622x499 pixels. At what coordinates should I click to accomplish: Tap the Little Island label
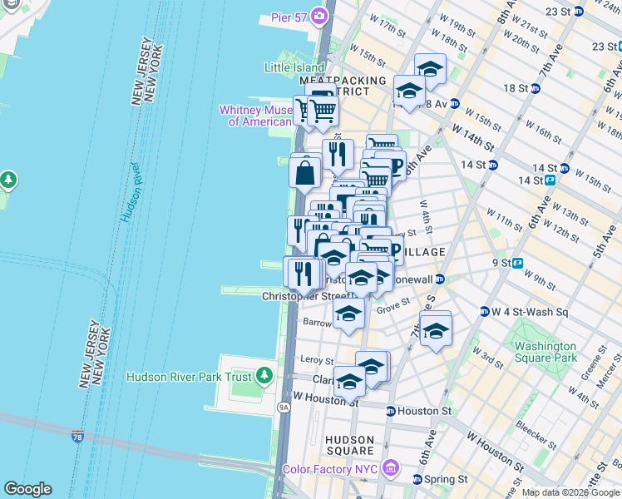293,67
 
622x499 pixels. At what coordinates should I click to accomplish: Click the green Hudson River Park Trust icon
264,377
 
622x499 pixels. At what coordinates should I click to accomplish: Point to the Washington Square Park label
545,352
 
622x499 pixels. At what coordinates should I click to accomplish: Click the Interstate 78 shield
77,435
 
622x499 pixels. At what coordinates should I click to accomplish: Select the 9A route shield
283,408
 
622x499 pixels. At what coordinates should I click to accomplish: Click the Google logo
27,489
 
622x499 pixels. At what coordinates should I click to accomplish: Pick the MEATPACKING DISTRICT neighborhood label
343,86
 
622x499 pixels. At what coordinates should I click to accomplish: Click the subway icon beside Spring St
417,479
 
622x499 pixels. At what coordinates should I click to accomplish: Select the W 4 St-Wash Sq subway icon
484,313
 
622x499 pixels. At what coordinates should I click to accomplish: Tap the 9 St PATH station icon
517,263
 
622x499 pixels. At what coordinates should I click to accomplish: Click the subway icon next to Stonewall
441,280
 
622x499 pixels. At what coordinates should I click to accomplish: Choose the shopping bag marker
306,173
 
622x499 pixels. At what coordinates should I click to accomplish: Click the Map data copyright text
571,492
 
